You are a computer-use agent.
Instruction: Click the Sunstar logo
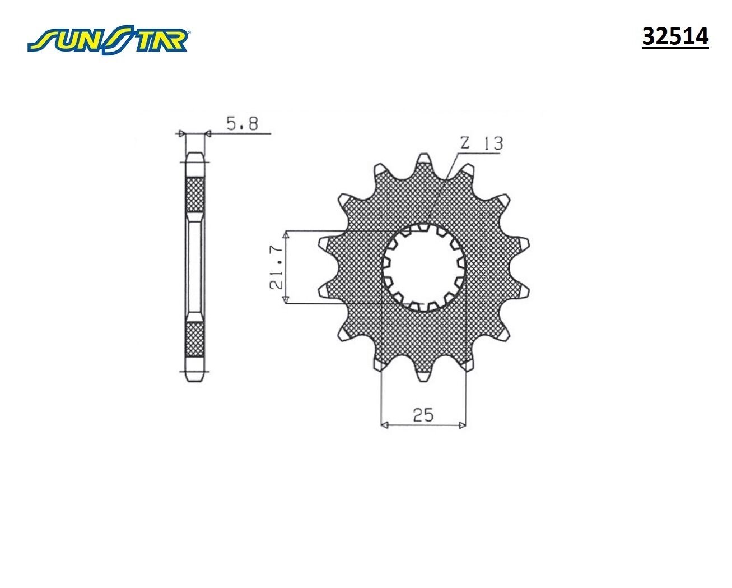pos(109,39)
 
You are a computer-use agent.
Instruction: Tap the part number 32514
pos(675,37)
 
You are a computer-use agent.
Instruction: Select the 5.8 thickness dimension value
pos(242,123)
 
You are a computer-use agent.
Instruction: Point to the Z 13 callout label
pos(481,143)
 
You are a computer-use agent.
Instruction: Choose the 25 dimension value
pos(423,415)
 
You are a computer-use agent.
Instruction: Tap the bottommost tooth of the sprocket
pos(424,374)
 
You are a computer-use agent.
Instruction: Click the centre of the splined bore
pos(424,267)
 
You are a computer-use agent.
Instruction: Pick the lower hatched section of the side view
pos(195,340)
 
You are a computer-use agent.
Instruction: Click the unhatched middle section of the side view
pos(195,267)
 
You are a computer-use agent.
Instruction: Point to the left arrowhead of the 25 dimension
pos(384,425)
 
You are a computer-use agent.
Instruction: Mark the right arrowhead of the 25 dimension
pos(462,425)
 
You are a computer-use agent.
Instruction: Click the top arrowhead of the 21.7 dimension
pos(286,234)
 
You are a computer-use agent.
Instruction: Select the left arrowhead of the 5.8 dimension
pos(180,133)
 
